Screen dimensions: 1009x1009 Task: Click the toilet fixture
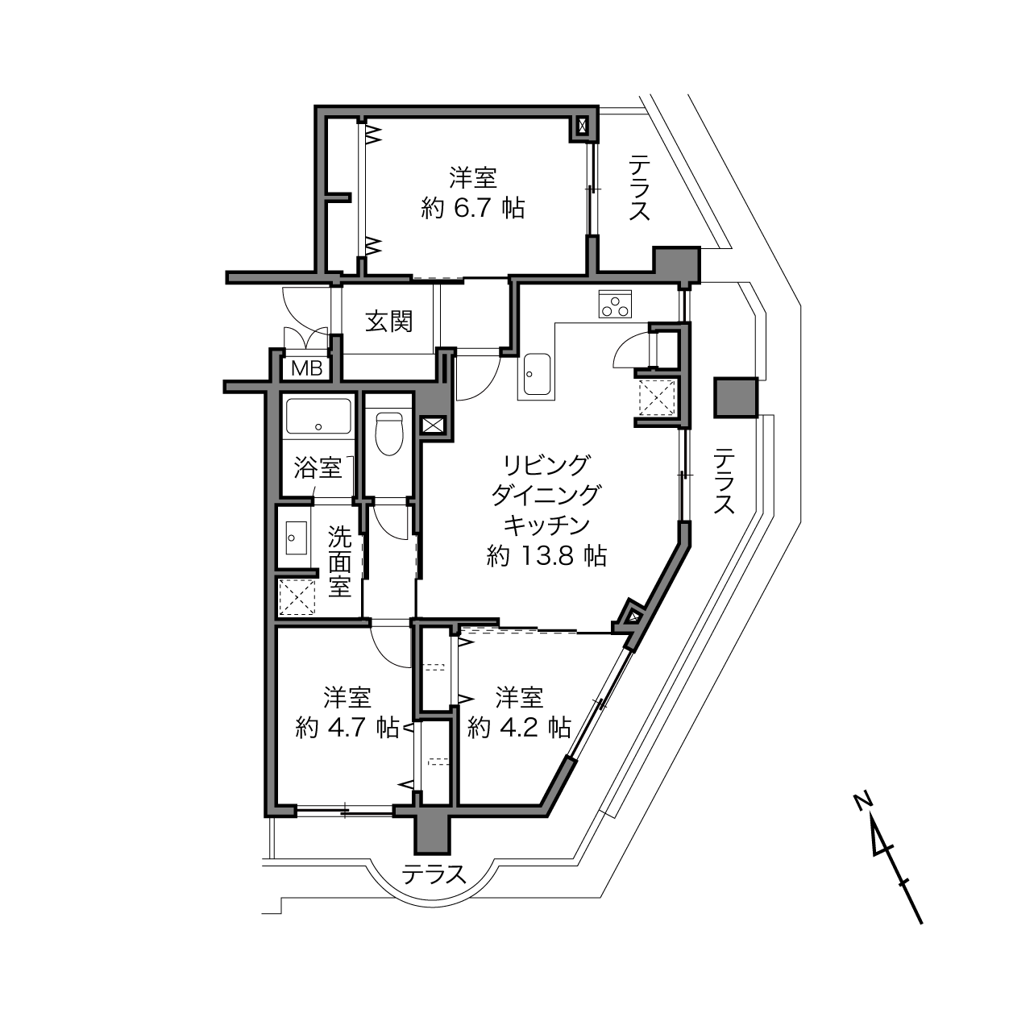point(389,433)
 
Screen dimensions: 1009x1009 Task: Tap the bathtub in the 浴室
point(318,417)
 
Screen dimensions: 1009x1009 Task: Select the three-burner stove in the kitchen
point(615,304)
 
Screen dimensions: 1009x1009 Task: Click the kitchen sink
point(535,375)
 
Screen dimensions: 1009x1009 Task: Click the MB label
point(306,368)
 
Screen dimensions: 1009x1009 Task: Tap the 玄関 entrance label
point(389,321)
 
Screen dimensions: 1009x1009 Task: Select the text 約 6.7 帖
point(473,209)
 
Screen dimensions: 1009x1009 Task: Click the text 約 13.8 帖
point(546,557)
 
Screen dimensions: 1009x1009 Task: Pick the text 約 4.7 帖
point(347,728)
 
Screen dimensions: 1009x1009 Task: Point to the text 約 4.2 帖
point(519,728)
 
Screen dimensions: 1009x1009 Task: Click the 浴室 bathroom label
point(318,467)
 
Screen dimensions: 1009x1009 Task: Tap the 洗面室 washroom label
point(339,562)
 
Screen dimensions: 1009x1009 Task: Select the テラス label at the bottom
point(434,874)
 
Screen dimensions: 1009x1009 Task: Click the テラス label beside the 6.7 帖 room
point(639,188)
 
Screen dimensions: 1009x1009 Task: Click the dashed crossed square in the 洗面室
point(297,597)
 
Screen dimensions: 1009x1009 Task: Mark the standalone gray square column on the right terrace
point(736,397)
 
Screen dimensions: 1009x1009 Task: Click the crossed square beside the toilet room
point(434,425)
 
